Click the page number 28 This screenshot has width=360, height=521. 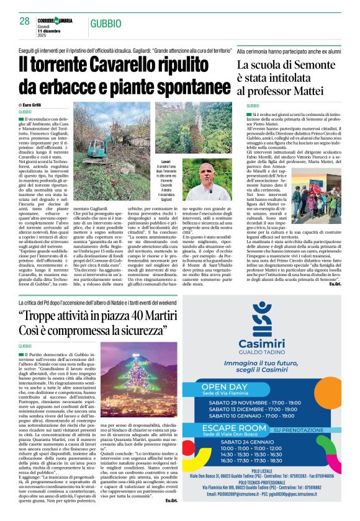pyautogui.click(x=25, y=21)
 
